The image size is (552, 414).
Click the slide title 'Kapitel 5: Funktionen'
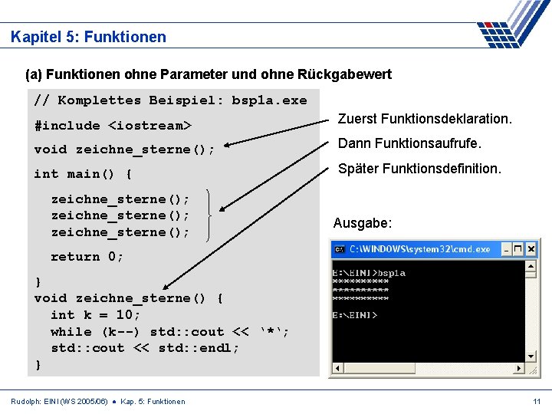point(88,37)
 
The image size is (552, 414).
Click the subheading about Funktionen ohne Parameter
point(209,74)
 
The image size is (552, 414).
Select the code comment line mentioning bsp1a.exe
point(170,100)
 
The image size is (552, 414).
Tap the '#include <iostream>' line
point(113,125)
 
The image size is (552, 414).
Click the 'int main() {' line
point(83,173)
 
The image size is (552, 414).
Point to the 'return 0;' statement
point(87,257)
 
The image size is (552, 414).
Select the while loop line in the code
point(169,332)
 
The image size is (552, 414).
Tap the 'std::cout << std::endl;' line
point(145,348)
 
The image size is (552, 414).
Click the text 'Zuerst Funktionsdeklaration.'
point(425,120)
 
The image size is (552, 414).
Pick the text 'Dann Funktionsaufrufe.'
point(409,143)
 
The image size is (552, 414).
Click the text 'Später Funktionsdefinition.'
point(419,168)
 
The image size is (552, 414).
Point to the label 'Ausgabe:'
point(363,224)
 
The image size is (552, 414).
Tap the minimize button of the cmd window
point(507,249)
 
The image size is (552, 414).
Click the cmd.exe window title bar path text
point(419,249)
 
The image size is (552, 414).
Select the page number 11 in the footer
point(537,402)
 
